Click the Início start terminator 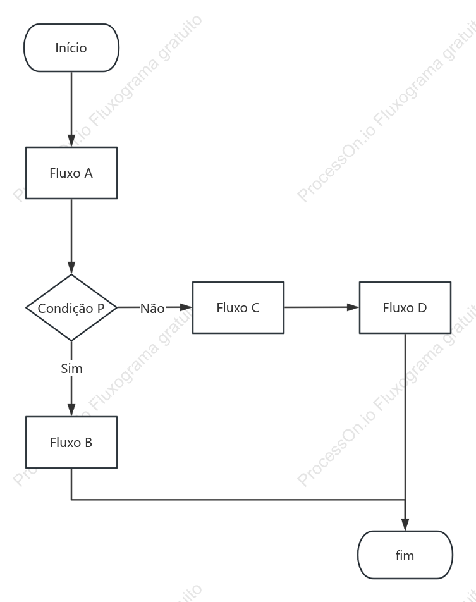(x=71, y=47)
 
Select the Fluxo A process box (x=71, y=173)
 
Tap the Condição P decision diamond (x=71, y=307)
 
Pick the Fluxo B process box (x=71, y=442)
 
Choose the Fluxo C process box (x=238, y=307)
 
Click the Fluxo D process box (x=405, y=307)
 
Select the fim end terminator (x=405, y=555)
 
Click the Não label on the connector (x=152, y=309)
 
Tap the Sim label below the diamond (x=72, y=369)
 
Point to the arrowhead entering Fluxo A (x=71, y=141)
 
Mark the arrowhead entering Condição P (x=71, y=268)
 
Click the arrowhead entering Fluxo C (x=186, y=307)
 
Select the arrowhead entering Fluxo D (x=353, y=307)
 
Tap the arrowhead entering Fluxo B (x=71, y=410)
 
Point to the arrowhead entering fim (x=405, y=525)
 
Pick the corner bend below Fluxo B (x=71, y=500)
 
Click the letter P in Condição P (x=101, y=309)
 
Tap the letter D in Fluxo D (x=422, y=307)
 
